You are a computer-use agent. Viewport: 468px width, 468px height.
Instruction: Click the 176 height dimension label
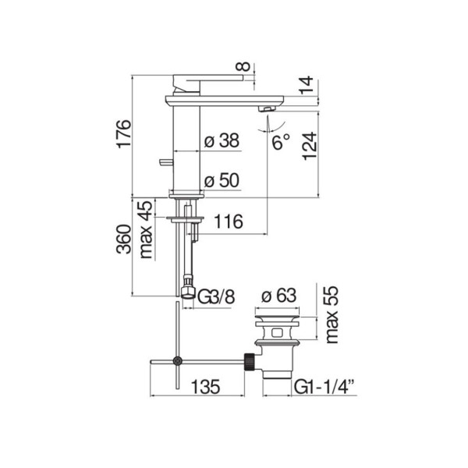123,133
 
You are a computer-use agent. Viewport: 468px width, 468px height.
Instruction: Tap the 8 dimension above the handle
243,66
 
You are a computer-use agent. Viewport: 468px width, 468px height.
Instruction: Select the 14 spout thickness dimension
307,85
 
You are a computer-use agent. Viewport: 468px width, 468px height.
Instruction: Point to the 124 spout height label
310,147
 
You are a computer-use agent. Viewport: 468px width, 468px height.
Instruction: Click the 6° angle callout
281,142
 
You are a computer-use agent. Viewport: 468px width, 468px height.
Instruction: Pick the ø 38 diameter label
222,140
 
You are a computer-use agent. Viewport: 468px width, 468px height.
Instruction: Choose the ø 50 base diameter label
222,181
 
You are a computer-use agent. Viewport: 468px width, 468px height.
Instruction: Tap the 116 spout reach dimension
229,222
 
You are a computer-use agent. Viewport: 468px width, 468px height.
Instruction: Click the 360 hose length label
123,239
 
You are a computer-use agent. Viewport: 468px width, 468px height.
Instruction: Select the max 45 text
147,229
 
